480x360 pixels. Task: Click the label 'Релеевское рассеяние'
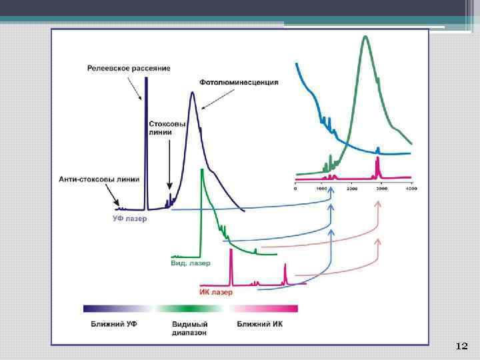point(129,68)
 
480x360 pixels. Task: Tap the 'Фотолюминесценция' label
point(239,83)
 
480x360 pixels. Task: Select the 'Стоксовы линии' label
point(161,128)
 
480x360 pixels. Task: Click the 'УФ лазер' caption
point(129,218)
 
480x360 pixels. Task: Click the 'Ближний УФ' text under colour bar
point(111,323)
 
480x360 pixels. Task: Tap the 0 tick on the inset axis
point(295,189)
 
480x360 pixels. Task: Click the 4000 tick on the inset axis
point(411,189)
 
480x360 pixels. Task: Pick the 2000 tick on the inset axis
point(353,189)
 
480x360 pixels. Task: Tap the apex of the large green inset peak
point(365,36)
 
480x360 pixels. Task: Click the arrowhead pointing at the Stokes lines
point(169,189)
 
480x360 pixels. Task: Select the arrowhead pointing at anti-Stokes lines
point(117,205)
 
